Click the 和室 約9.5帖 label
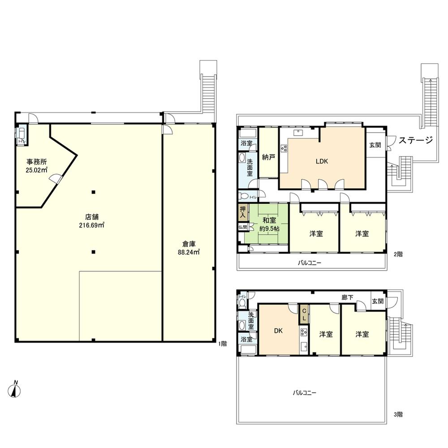click(269, 224)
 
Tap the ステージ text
click(416, 141)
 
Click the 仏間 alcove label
click(242, 227)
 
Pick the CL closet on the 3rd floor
click(304, 314)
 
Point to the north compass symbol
click(16, 389)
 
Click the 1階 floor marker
click(223, 344)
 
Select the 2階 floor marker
click(398, 254)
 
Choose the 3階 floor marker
click(398, 414)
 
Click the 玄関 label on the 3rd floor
click(377, 302)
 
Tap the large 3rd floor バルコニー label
click(305, 393)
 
